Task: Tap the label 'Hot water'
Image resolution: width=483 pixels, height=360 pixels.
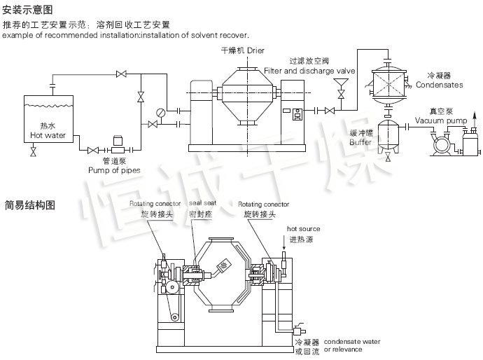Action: tap(48, 135)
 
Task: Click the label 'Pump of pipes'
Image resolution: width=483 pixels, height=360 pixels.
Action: tap(114, 170)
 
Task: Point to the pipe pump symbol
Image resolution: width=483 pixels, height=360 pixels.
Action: tap(117, 148)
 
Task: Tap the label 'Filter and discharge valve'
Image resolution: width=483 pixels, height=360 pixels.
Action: tap(309, 71)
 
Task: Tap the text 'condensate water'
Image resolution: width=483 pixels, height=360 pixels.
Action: tap(352, 341)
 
